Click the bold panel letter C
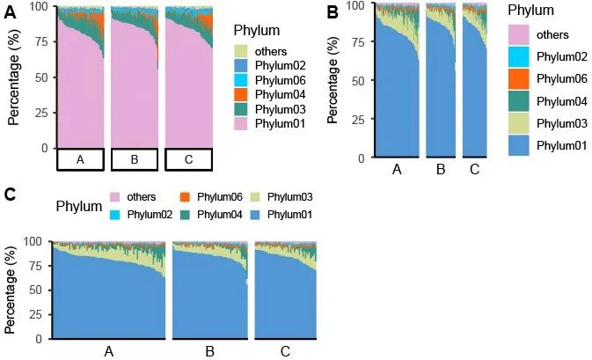point(11,195)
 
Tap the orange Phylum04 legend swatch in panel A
point(240,94)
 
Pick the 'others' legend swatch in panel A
point(240,51)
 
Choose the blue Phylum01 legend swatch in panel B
point(523,144)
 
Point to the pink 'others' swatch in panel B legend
point(523,35)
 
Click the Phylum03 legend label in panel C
point(289,197)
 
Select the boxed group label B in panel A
point(135,159)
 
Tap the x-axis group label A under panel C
point(109,352)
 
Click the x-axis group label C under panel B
point(474,170)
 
